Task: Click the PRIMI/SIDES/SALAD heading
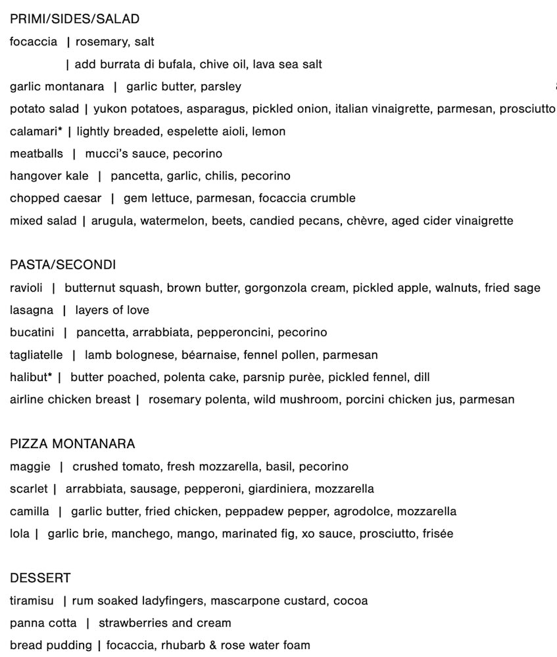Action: pyautogui.click(x=74, y=20)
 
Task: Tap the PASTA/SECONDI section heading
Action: pyautogui.click(x=62, y=265)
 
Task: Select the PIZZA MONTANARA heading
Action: pyautogui.click(x=72, y=444)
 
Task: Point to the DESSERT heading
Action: pyautogui.click(x=40, y=578)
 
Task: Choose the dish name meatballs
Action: pyautogui.click(x=37, y=154)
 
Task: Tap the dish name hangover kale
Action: pyautogui.click(x=49, y=176)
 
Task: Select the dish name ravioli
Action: pyautogui.click(x=27, y=288)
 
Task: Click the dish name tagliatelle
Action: pyautogui.click(x=37, y=355)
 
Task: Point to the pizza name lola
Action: pyautogui.click(x=20, y=533)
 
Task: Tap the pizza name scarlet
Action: pyautogui.click(x=29, y=489)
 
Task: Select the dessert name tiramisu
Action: pyautogui.click(x=32, y=600)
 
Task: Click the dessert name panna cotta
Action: pyautogui.click(x=43, y=623)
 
